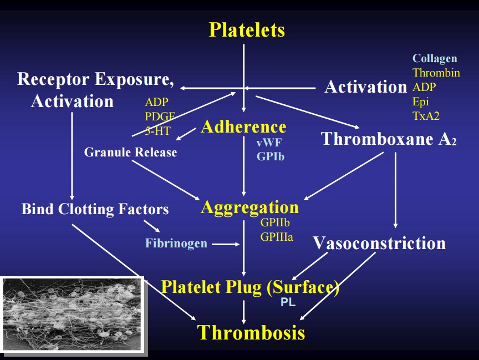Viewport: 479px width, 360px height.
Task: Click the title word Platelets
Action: coord(247,29)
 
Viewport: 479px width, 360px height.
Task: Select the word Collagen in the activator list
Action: coord(435,59)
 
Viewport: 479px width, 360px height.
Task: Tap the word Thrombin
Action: coord(436,73)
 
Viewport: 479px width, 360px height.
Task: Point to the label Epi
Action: coord(421,102)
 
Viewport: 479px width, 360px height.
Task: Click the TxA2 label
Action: coord(426,116)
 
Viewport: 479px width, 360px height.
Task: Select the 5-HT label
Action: coord(158,130)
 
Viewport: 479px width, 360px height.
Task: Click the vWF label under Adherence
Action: coord(269,143)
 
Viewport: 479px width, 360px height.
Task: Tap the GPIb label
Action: coord(271,156)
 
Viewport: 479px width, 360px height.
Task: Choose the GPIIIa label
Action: coord(277,237)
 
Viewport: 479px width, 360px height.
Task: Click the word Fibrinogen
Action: coord(176,244)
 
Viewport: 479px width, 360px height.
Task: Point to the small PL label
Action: coord(288,303)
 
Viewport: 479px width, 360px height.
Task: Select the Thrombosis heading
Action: coord(251,332)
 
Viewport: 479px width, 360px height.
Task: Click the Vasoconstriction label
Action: coord(379,243)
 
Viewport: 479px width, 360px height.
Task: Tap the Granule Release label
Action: coord(131,152)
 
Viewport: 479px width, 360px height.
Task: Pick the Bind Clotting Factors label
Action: coord(95,209)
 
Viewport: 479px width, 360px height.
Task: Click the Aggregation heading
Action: coord(249,207)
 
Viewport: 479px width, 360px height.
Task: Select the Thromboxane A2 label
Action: coord(389,139)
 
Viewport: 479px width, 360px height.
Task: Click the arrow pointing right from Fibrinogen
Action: coord(225,244)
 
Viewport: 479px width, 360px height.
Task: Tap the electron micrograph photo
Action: coord(72,314)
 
